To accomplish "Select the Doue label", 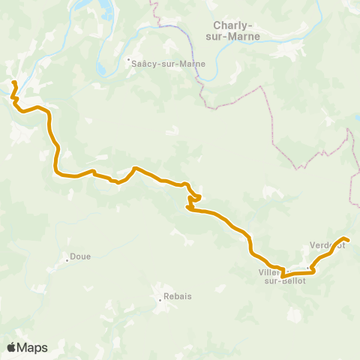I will pos(80,256).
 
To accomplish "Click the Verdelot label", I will pos(327,245).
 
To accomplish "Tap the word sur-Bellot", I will pos(283,280).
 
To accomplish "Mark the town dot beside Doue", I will pos(67,257).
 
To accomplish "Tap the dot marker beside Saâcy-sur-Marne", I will pos(128,61).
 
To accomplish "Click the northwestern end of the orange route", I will pos(14,81).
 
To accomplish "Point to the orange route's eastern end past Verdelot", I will pos(348,240).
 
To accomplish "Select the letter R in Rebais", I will pos(166,296).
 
